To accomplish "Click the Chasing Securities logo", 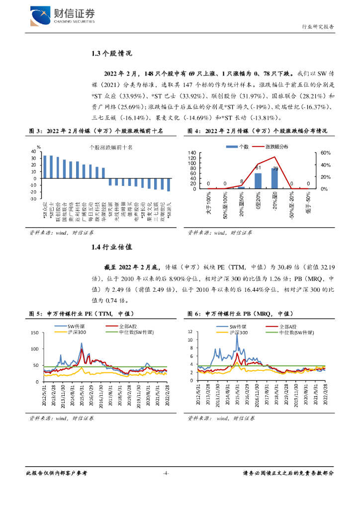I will (63, 16).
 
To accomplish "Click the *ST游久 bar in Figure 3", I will (169, 184).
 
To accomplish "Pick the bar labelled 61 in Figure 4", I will (258, 180).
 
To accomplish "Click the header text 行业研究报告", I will (318, 27).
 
